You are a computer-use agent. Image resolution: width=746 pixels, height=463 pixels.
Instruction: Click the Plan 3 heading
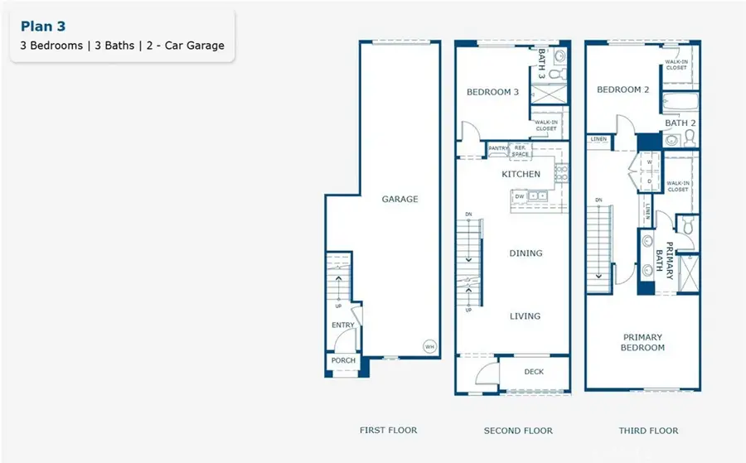43,27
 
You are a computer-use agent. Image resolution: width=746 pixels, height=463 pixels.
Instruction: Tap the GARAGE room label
400,199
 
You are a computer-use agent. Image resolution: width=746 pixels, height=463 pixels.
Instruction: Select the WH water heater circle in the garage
429,346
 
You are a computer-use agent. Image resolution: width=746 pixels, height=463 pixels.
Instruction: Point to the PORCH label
343,360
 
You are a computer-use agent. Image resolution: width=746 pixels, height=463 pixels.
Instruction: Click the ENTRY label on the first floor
343,326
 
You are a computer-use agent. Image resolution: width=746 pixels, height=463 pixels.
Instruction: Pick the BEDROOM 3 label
492,92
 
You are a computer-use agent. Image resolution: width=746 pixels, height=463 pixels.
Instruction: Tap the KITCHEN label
521,175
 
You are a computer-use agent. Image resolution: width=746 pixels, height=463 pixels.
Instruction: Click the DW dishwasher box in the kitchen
520,196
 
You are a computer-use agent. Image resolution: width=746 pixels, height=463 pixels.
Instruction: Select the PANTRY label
498,148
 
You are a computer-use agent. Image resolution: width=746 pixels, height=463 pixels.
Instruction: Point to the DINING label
526,253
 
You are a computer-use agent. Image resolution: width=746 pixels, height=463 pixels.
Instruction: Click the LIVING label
526,316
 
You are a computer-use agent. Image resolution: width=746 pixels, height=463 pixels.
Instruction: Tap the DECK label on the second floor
535,372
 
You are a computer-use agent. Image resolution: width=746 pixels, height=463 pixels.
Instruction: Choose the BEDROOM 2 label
623,89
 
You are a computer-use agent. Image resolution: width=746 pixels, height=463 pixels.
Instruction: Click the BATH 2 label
681,123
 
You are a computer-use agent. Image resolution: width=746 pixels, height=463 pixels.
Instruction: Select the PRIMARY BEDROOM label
643,342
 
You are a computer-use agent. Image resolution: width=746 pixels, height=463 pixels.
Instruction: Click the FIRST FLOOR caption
389,430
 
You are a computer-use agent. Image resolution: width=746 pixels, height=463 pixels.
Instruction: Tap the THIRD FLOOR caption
648,431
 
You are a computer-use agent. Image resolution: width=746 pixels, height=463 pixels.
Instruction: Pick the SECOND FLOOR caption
518,431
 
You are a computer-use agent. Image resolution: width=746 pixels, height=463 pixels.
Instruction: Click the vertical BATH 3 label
542,64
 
